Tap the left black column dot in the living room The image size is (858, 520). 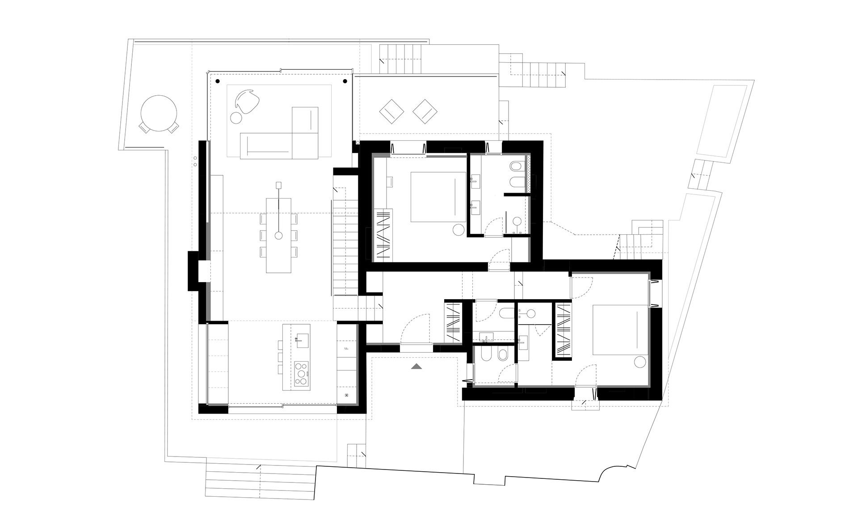click(x=218, y=81)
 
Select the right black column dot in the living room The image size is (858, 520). click(x=345, y=81)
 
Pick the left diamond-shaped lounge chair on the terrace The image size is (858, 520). click(x=391, y=111)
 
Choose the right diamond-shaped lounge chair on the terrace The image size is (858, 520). click(x=425, y=111)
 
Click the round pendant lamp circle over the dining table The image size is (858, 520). click(x=278, y=235)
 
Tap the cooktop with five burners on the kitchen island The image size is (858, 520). click(x=301, y=374)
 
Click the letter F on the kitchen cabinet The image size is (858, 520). click(x=346, y=348)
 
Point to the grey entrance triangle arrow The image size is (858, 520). click(x=416, y=367)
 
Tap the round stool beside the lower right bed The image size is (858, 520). click(x=640, y=362)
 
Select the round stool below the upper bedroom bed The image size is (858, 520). click(x=458, y=230)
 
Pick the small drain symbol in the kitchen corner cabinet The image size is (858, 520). click(x=347, y=395)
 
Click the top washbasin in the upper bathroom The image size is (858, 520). click(x=474, y=181)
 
